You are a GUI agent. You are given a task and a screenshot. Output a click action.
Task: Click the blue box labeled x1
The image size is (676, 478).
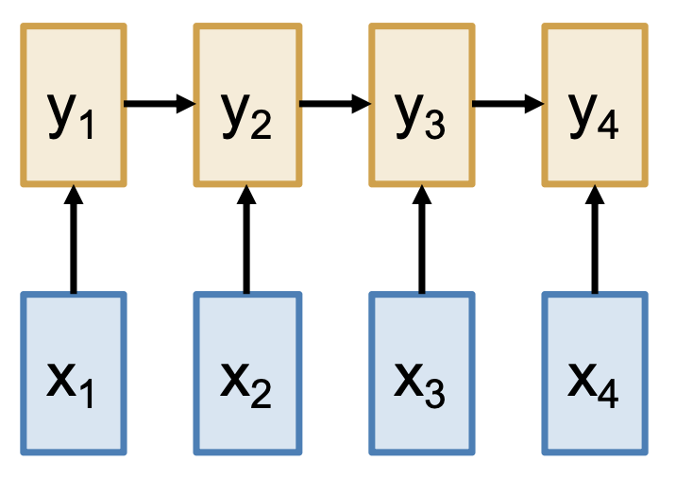(74, 372)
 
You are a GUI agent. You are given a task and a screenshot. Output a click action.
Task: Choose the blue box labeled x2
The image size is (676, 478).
(247, 372)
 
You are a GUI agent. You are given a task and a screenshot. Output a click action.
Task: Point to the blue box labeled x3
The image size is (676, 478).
(421, 372)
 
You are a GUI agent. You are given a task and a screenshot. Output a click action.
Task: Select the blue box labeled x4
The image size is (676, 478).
(595, 372)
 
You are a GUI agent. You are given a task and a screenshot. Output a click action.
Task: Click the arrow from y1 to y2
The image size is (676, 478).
(159, 103)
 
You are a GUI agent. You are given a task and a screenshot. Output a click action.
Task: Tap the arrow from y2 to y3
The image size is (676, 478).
(333, 103)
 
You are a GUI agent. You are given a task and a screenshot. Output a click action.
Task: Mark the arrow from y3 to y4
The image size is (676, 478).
(507, 103)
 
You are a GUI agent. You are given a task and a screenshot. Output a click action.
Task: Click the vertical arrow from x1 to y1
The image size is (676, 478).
(74, 241)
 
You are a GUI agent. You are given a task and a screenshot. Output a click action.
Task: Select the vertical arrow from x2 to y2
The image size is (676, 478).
(247, 241)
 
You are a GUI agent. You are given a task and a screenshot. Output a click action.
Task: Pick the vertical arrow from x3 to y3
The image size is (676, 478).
(421, 241)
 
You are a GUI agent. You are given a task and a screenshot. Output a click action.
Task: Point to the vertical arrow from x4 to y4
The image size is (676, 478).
(595, 241)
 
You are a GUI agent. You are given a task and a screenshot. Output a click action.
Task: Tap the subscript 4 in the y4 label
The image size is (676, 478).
(609, 128)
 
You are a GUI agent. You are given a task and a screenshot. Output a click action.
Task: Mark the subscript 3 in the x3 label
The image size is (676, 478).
(433, 394)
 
